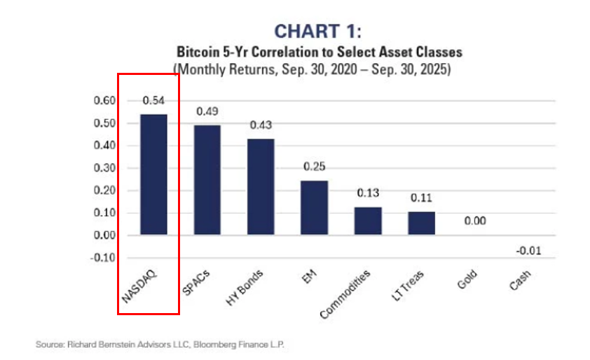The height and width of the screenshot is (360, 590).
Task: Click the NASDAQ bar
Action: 153,174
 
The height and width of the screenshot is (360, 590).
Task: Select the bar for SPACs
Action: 207,180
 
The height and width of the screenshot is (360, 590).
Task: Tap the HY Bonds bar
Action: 261,186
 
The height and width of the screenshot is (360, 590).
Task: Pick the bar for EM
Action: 315,207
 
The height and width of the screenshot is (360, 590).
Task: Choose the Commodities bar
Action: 368,220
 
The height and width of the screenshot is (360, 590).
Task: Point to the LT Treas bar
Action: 421,223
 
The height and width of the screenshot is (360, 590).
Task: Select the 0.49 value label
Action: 207,111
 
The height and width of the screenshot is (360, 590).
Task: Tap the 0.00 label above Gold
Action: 475,221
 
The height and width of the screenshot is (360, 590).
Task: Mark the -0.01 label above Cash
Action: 527,251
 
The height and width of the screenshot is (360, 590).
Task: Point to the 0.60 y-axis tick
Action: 103,101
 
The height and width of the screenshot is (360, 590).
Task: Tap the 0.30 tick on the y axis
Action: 103,168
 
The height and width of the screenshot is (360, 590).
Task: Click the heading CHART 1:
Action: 317,32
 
